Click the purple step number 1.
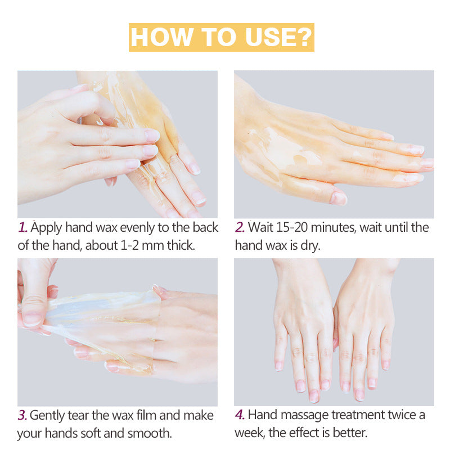pos(22,227)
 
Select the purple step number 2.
pos(240,227)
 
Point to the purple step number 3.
pos(22,415)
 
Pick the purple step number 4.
pos(240,415)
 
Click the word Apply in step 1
pos(47,227)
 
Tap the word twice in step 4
pos(396,415)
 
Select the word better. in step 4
pos(349,434)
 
